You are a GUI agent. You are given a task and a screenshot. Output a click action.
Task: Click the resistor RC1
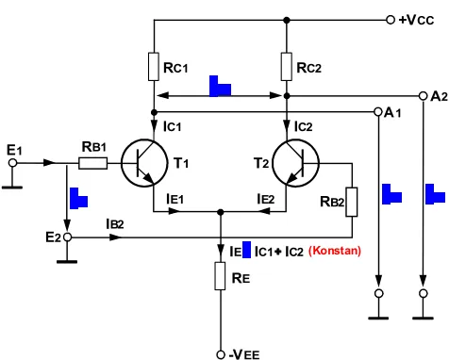[154, 67]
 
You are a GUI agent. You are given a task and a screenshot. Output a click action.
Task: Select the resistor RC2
[287, 67]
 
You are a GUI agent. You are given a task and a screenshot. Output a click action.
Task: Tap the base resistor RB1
[92, 163]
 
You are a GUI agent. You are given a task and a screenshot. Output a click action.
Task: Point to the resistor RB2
[352, 202]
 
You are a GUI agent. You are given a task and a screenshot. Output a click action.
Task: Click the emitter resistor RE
[220, 276]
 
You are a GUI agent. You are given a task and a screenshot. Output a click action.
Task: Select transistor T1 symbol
[144, 163]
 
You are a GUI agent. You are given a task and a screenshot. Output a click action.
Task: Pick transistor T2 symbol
[295, 163]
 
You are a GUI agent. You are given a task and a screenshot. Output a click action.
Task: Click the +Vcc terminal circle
[391, 20]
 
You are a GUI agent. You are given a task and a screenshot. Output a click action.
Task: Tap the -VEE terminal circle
[221, 354]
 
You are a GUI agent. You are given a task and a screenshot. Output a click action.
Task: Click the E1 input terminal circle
[12, 163]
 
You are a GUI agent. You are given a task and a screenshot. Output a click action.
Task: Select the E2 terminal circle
[67, 237]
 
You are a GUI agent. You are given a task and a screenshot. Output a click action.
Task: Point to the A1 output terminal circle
[378, 112]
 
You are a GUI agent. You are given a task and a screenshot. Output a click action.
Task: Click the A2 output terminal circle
[424, 96]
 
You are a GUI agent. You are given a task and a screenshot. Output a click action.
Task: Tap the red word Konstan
[335, 251]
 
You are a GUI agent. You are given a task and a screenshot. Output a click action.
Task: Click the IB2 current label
[115, 224]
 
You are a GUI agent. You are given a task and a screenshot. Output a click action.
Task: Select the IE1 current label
[175, 199]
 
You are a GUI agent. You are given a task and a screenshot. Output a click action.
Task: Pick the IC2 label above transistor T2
[304, 126]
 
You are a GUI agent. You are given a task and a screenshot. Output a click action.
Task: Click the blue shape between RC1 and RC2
[220, 87]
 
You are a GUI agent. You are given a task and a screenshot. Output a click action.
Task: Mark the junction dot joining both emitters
[221, 212]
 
